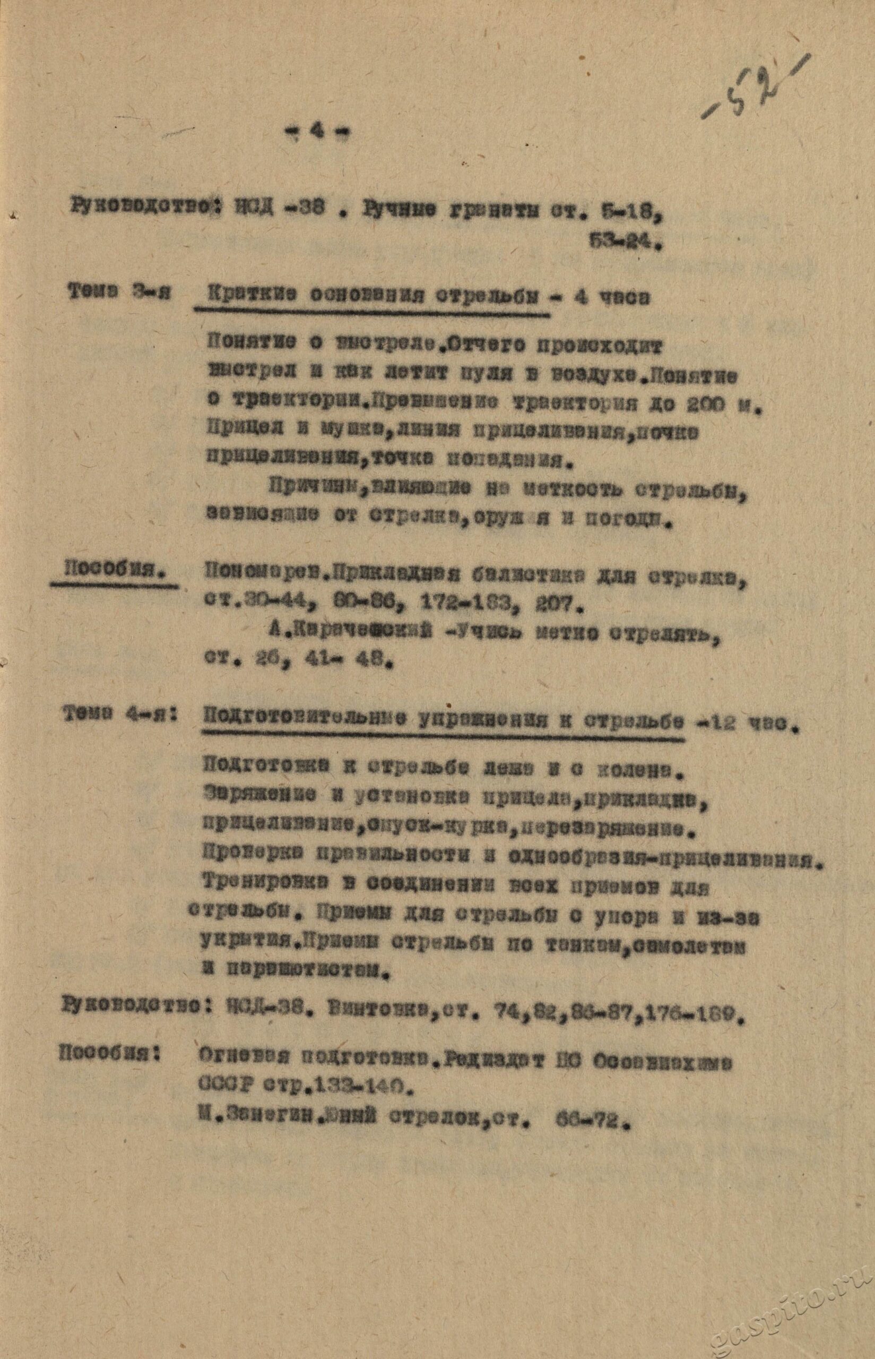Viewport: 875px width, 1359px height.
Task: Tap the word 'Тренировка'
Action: pyautogui.click(x=258, y=885)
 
